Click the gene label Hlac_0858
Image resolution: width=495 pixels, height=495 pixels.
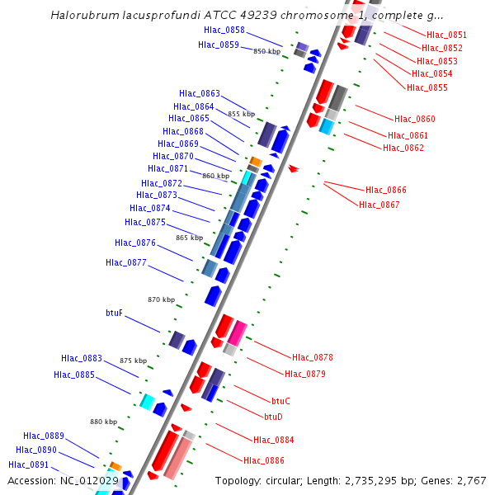click(224, 30)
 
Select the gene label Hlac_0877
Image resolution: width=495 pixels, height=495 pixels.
click(126, 263)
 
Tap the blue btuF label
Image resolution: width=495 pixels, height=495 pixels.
click(115, 313)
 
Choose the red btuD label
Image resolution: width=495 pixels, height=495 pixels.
click(273, 417)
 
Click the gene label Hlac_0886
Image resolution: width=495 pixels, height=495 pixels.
click(263, 460)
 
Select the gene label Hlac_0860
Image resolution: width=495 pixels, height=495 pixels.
click(414, 120)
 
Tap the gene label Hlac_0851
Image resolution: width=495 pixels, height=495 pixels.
click(446, 35)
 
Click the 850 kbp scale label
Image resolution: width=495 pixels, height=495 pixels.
click(266, 51)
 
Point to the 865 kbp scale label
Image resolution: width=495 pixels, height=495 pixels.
click(189, 238)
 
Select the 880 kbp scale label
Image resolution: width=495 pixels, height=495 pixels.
click(104, 422)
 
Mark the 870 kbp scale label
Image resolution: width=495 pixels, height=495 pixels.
click(161, 299)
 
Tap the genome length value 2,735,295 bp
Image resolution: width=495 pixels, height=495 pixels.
click(387, 480)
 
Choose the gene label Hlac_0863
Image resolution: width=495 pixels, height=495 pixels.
click(199, 93)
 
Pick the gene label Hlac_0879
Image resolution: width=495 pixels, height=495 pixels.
click(305, 374)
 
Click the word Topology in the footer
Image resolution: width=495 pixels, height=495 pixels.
click(238, 480)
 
